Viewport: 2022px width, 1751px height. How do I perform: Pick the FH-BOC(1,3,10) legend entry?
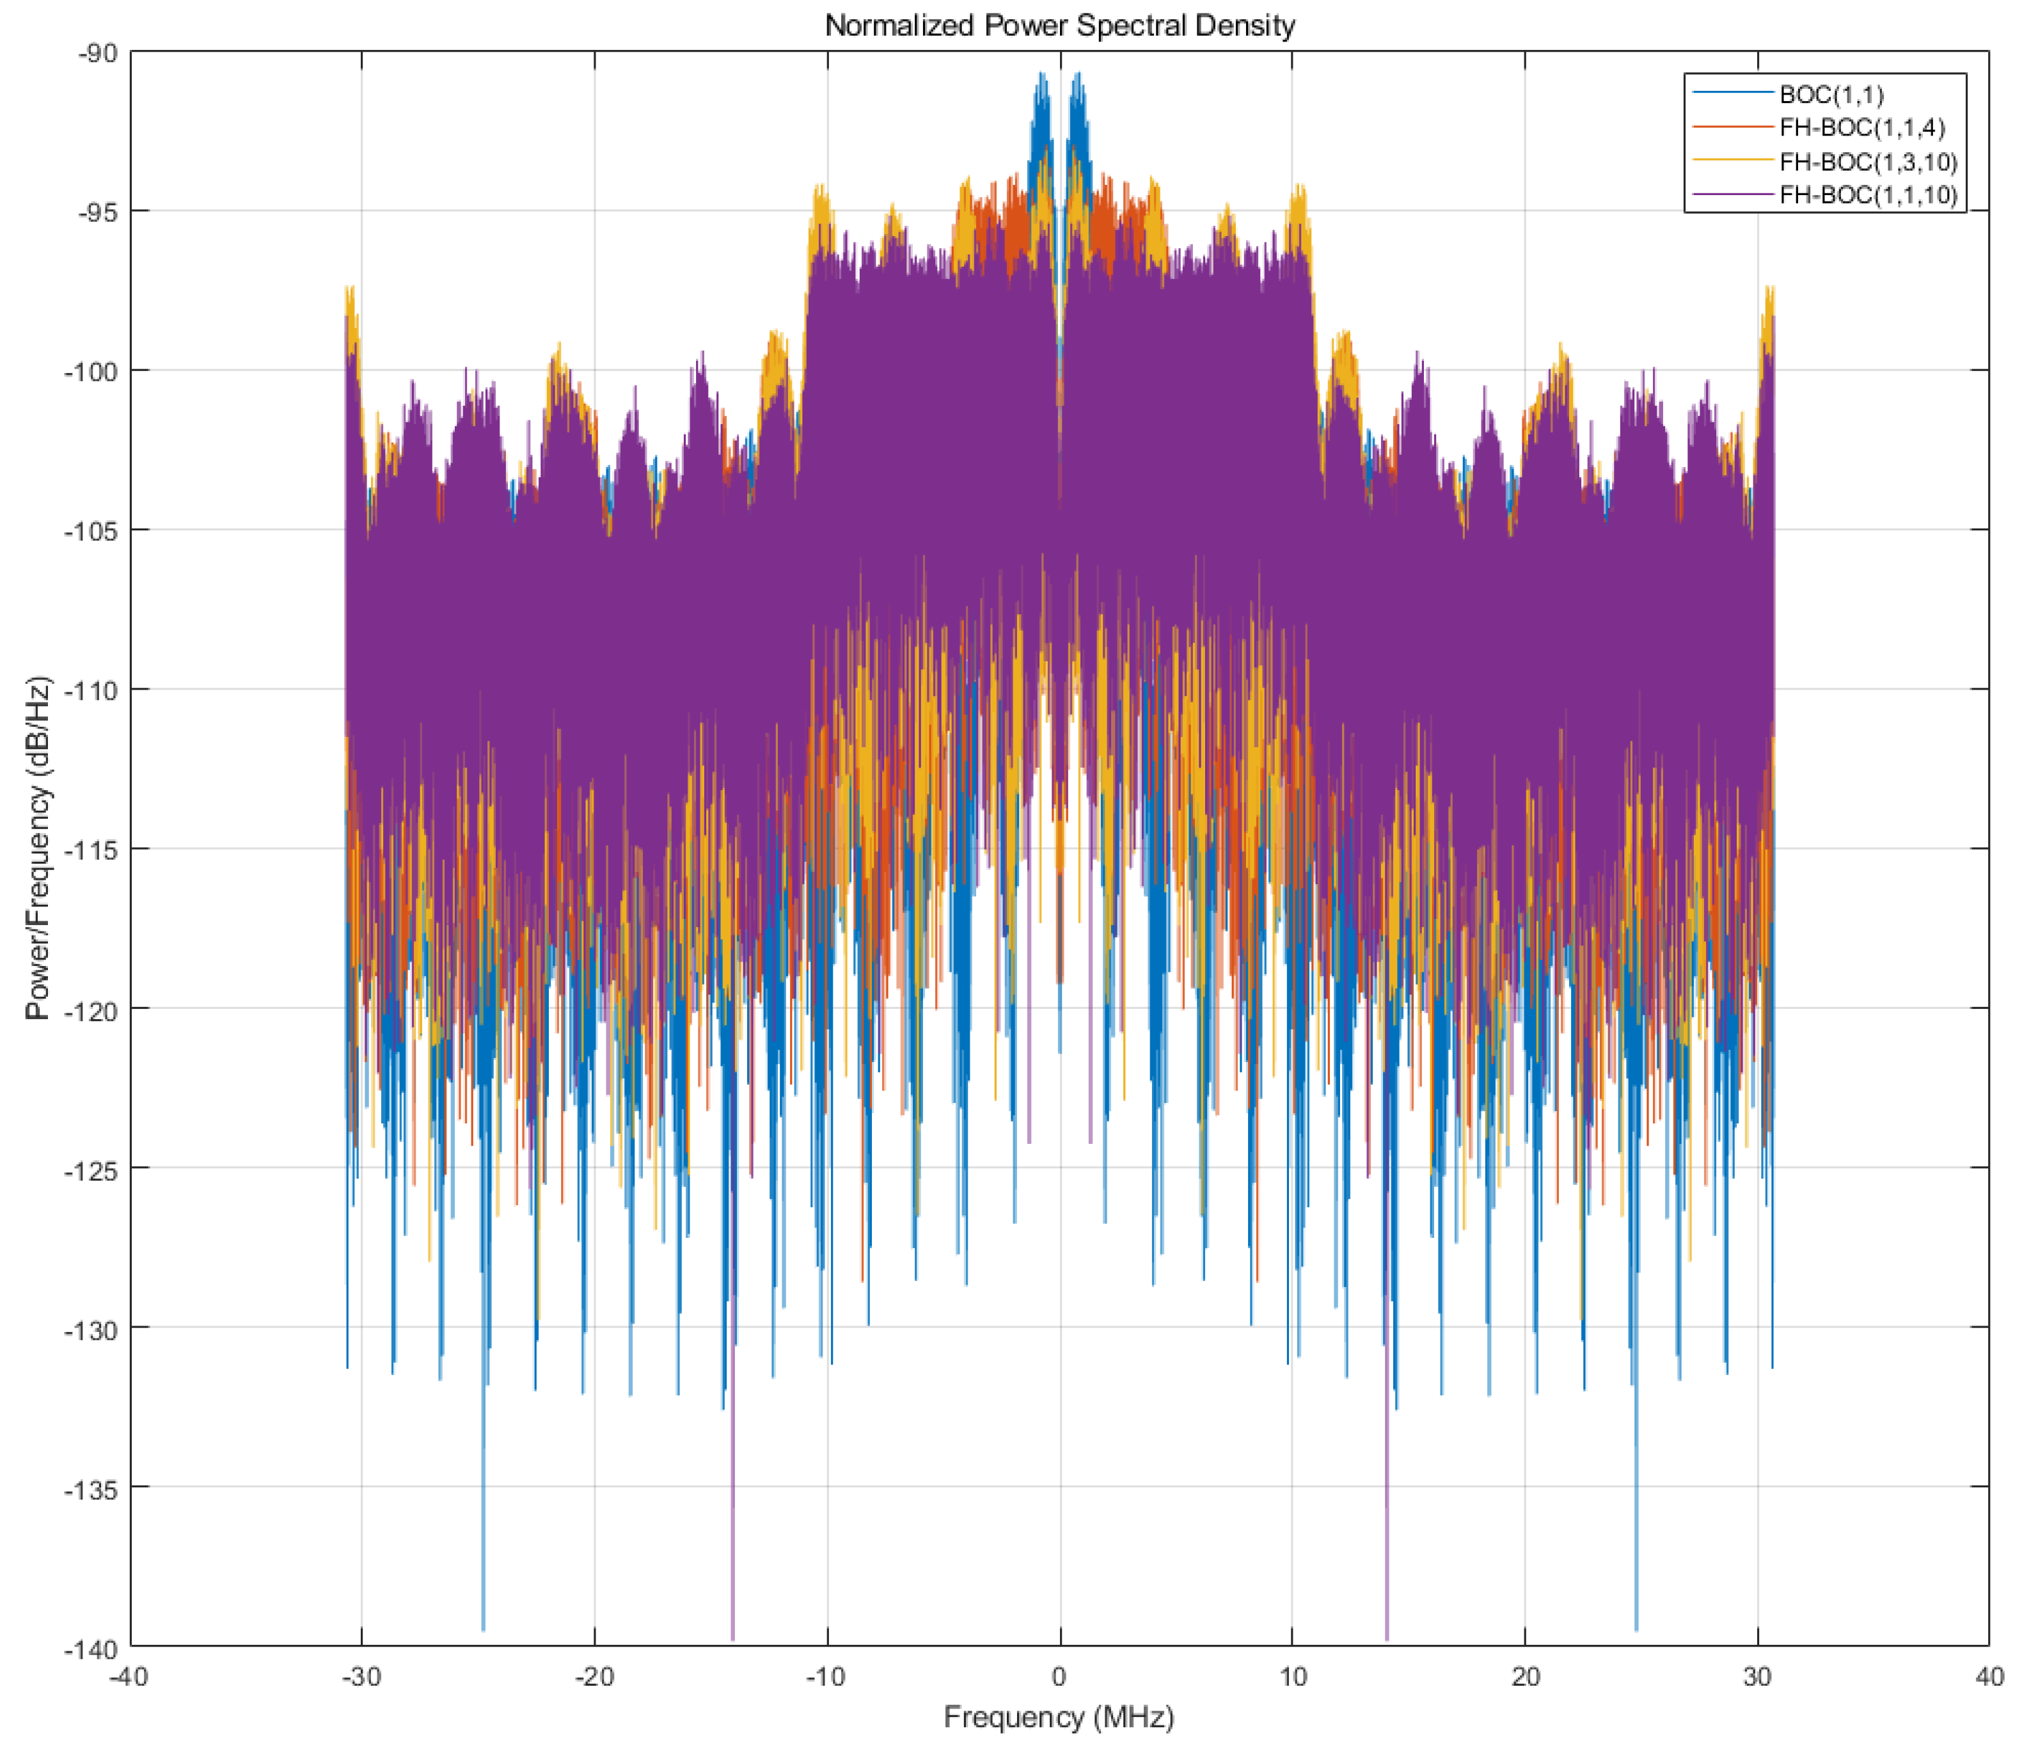pos(1868,161)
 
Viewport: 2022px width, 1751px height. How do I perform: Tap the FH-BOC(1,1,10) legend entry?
pos(1868,194)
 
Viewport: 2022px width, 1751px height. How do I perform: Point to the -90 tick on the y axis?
pos(98,52)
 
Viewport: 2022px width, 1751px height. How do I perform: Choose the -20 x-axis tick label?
pos(594,1677)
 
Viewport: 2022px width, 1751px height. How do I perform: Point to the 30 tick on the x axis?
pos(1757,1677)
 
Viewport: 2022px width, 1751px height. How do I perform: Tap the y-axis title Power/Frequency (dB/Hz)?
pos(37,848)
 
